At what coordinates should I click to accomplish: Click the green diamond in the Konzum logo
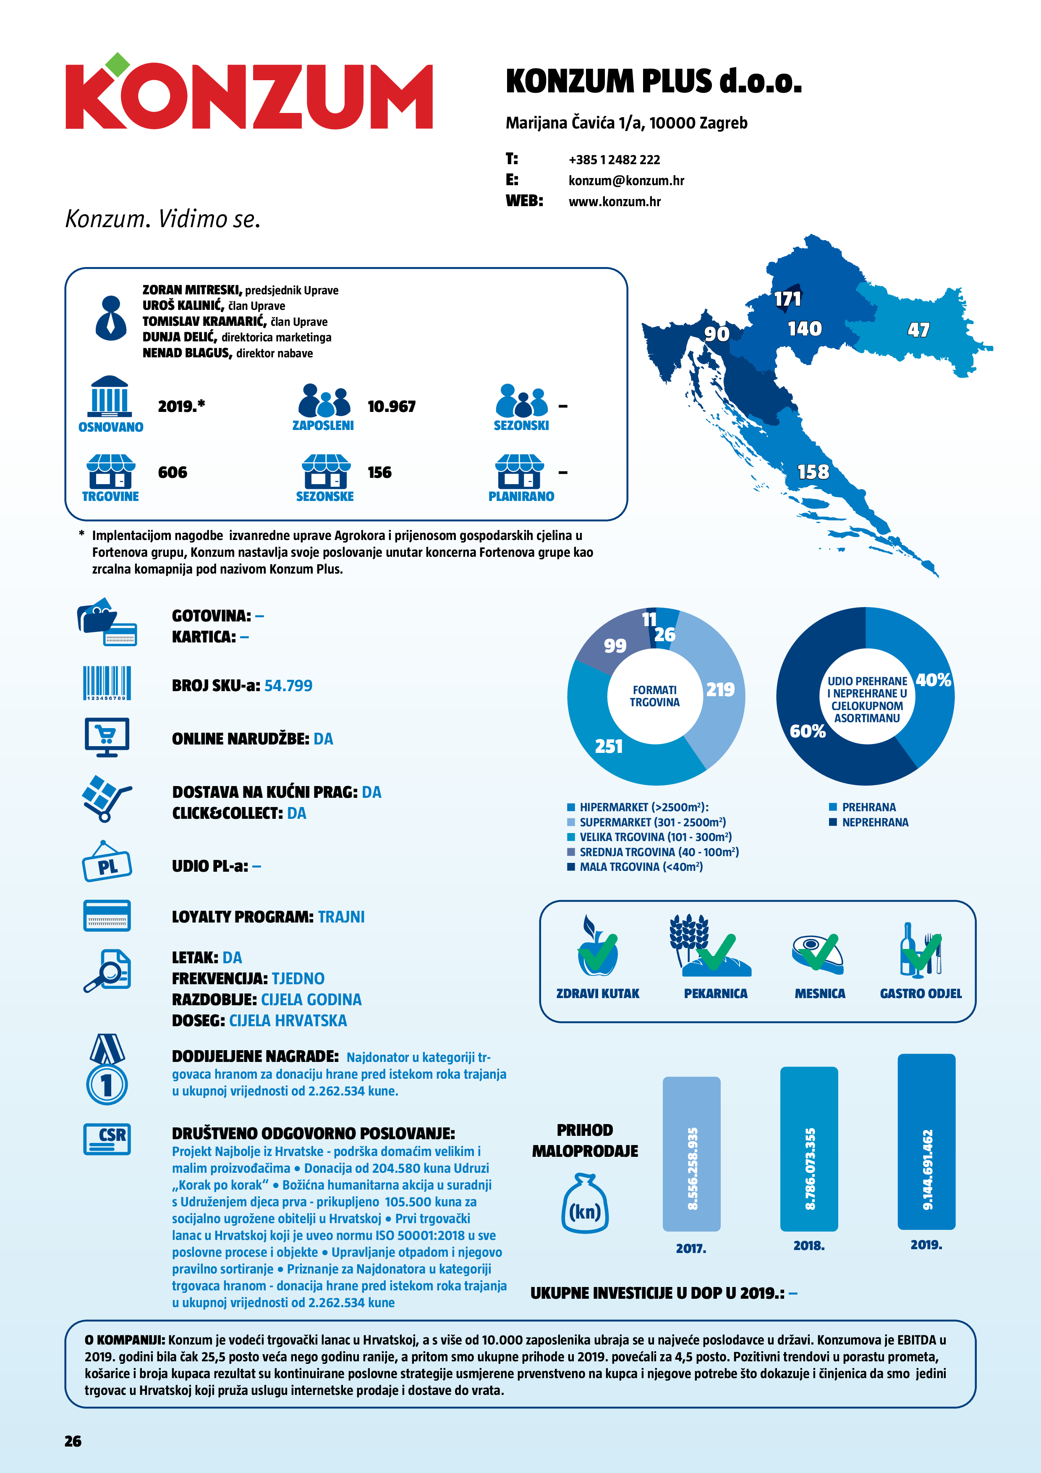click(118, 63)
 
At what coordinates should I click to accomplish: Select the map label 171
click(787, 299)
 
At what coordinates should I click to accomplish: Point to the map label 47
click(918, 330)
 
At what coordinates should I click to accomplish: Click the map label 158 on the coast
click(813, 472)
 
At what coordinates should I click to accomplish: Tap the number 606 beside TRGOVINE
click(173, 473)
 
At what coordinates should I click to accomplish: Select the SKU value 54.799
click(288, 686)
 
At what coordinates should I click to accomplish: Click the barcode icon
click(107, 683)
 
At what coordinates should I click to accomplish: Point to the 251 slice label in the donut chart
click(609, 746)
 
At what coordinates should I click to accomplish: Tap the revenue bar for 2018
click(809, 1148)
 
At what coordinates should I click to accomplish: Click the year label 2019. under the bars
click(926, 1245)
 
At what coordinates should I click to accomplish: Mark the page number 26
click(73, 1441)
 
